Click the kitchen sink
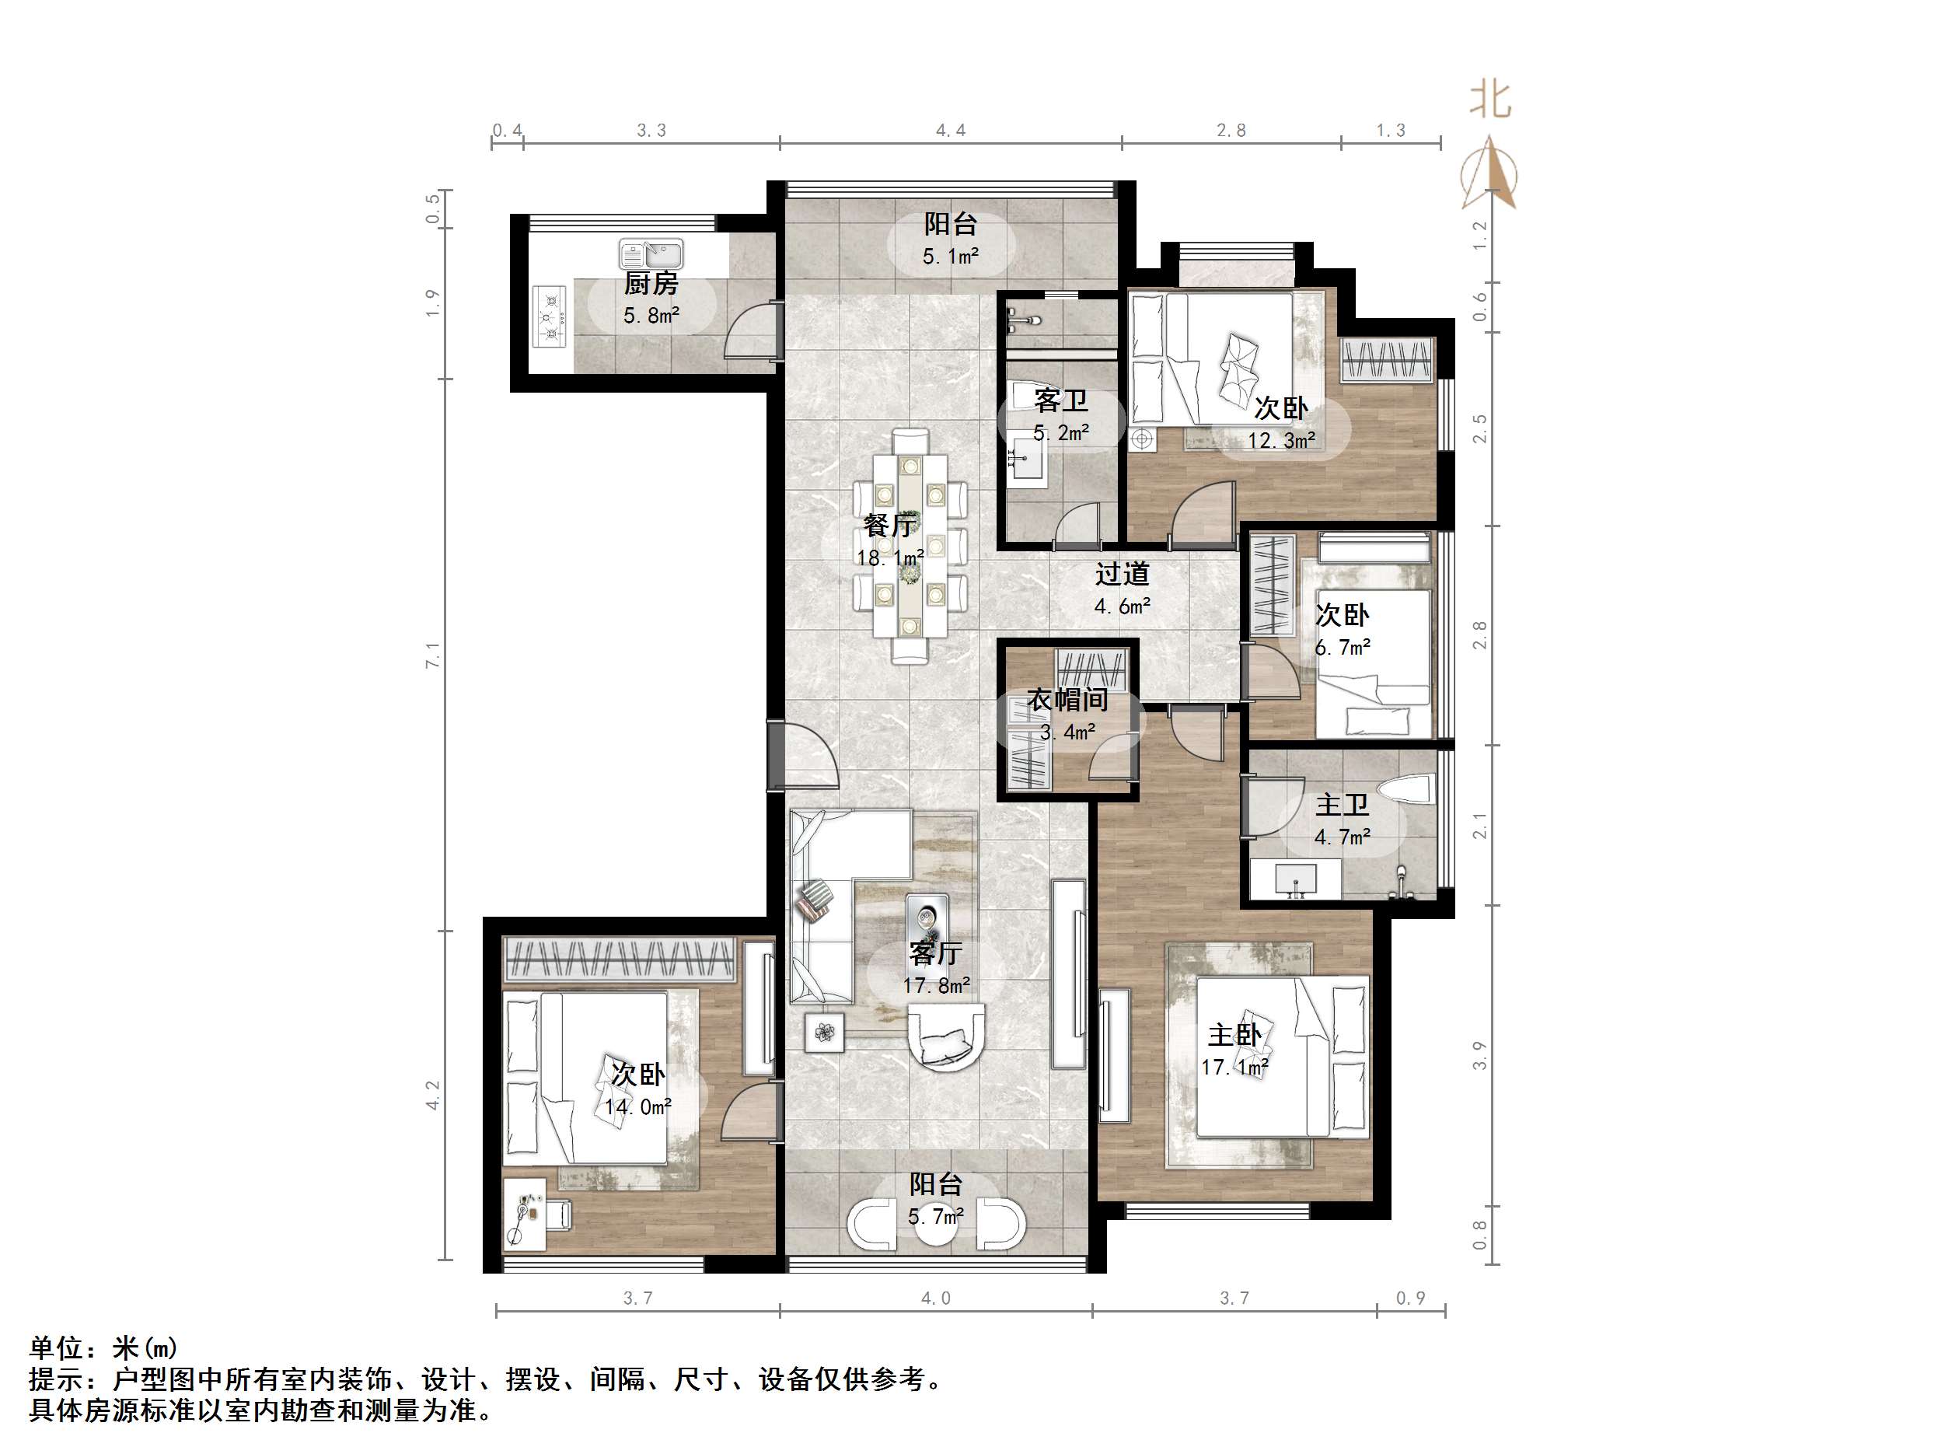651,254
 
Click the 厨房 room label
651,284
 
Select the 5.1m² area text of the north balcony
951,257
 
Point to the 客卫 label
1061,401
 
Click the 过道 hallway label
1123,575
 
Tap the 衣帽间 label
1068,699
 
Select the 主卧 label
1234,1035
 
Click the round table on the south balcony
936,1225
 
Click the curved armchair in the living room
946,1036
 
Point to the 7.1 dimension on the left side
432,655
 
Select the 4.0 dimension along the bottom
936,1298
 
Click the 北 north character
1489,100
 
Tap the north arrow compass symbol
1489,173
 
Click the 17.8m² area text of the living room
937,986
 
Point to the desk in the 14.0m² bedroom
526,1215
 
